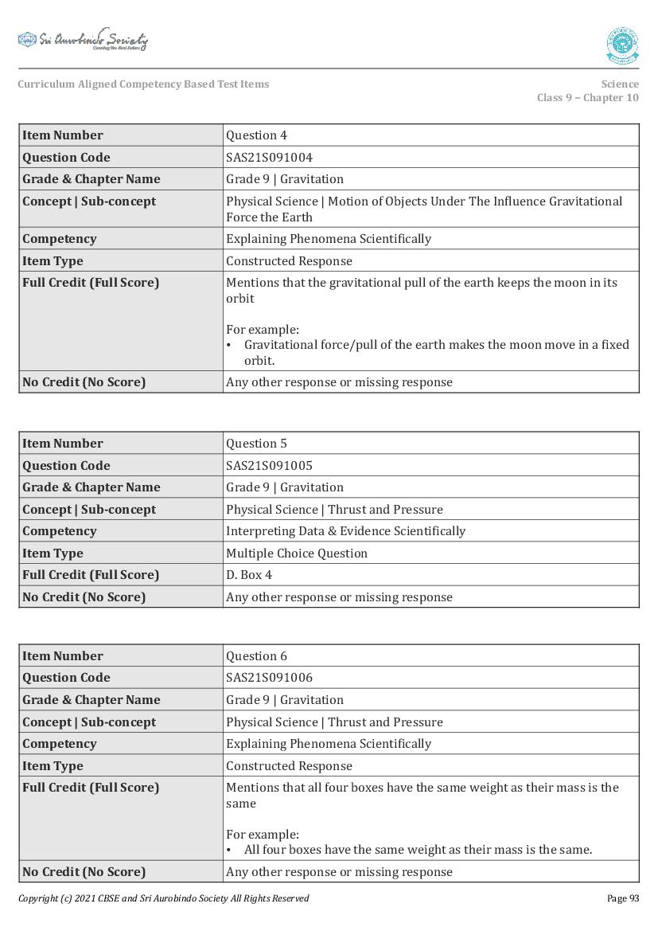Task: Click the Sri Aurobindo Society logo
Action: (x=83, y=40)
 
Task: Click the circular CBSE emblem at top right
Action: (x=621, y=45)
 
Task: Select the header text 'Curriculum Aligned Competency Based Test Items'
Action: (x=143, y=84)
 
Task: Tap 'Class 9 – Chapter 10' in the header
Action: (x=587, y=98)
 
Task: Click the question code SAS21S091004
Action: (x=269, y=158)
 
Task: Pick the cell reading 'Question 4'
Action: (x=256, y=135)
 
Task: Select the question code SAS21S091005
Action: (x=269, y=466)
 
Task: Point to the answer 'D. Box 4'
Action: (x=249, y=575)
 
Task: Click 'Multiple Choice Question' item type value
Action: (x=297, y=554)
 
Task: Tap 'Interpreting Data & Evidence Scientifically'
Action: (x=345, y=531)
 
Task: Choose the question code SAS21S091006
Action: (x=269, y=678)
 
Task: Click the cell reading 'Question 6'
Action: (x=256, y=656)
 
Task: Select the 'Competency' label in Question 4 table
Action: (x=59, y=239)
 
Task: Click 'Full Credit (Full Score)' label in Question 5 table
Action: (x=91, y=575)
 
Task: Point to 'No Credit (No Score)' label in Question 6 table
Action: (x=84, y=872)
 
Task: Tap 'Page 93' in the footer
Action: (x=622, y=898)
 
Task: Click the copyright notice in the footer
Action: (x=163, y=898)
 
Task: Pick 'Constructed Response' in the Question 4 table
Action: (x=289, y=261)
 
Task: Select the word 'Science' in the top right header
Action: (x=620, y=84)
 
